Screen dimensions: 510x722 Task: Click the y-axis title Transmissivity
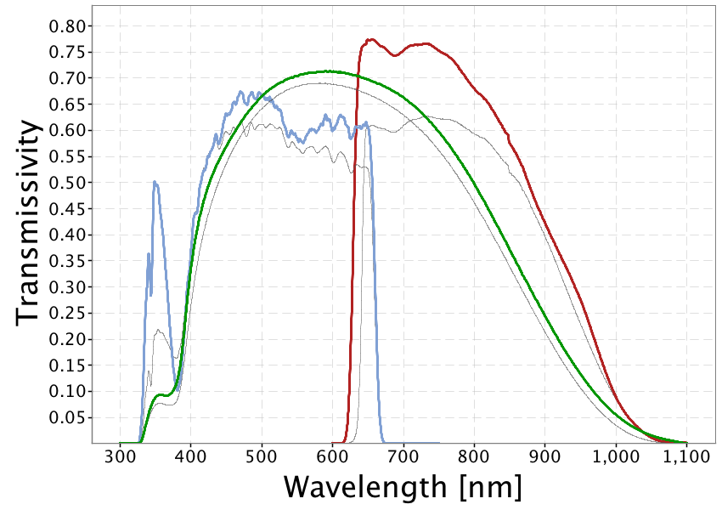pyautogui.click(x=29, y=221)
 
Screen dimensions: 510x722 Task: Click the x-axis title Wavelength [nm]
pyautogui.click(x=402, y=487)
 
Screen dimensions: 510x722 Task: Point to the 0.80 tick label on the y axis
pyautogui.click(x=66, y=26)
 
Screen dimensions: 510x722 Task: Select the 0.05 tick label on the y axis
pyautogui.click(x=66, y=417)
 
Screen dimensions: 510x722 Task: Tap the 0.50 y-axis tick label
pyautogui.click(x=66, y=183)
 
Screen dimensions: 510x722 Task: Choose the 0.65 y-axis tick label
pyautogui.click(x=66, y=105)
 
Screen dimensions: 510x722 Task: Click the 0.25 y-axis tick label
pyautogui.click(x=66, y=313)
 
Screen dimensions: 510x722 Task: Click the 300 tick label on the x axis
pyautogui.click(x=120, y=457)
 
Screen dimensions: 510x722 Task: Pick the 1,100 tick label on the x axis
pyautogui.click(x=685, y=457)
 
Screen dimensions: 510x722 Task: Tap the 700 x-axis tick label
pyautogui.click(x=403, y=457)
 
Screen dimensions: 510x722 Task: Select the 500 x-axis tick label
pyautogui.click(x=262, y=457)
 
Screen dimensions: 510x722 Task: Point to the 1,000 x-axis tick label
pyautogui.click(x=615, y=457)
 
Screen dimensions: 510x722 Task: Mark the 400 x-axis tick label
pyautogui.click(x=190, y=457)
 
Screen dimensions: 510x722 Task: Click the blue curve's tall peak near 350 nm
pyautogui.click(x=155, y=182)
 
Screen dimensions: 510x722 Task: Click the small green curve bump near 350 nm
pyautogui.click(x=159, y=395)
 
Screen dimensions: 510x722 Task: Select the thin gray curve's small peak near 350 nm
pyautogui.click(x=158, y=330)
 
